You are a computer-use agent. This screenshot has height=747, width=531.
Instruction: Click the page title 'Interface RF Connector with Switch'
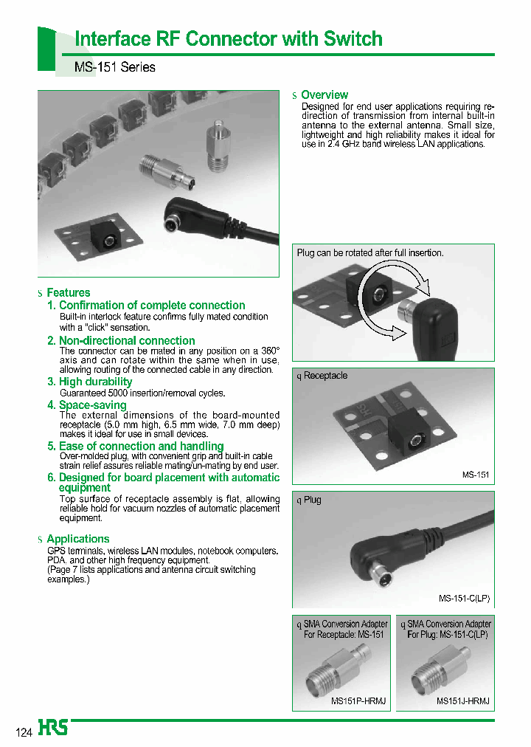pyautogui.click(x=229, y=39)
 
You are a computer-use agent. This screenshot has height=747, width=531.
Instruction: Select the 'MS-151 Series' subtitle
pyautogui.click(x=115, y=67)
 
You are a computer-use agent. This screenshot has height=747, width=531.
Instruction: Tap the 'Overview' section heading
pyautogui.click(x=324, y=95)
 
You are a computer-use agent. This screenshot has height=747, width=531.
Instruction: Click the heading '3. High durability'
pyautogui.click(x=89, y=382)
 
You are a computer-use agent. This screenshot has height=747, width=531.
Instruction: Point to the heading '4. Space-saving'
pyautogui.click(x=86, y=405)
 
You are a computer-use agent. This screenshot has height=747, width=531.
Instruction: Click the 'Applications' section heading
pyautogui.click(x=77, y=539)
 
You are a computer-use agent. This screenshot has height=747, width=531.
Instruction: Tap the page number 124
pyautogui.click(x=24, y=733)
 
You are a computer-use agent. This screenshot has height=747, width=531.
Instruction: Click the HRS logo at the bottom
pyautogui.click(x=53, y=728)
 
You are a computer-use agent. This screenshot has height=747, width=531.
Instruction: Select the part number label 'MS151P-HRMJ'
pyautogui.click(x=358, y=700)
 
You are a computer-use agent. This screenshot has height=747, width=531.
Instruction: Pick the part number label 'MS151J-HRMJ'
pyautogui.click(x=463, y=700)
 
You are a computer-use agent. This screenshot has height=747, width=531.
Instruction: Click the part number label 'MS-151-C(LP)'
pyautogui.click(x=464, y=599)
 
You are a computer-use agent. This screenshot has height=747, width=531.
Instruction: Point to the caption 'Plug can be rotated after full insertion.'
pyautogui.click(x=370, y=253)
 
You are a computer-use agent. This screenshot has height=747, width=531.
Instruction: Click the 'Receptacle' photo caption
pyautogui.click(x=325, y=376)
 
